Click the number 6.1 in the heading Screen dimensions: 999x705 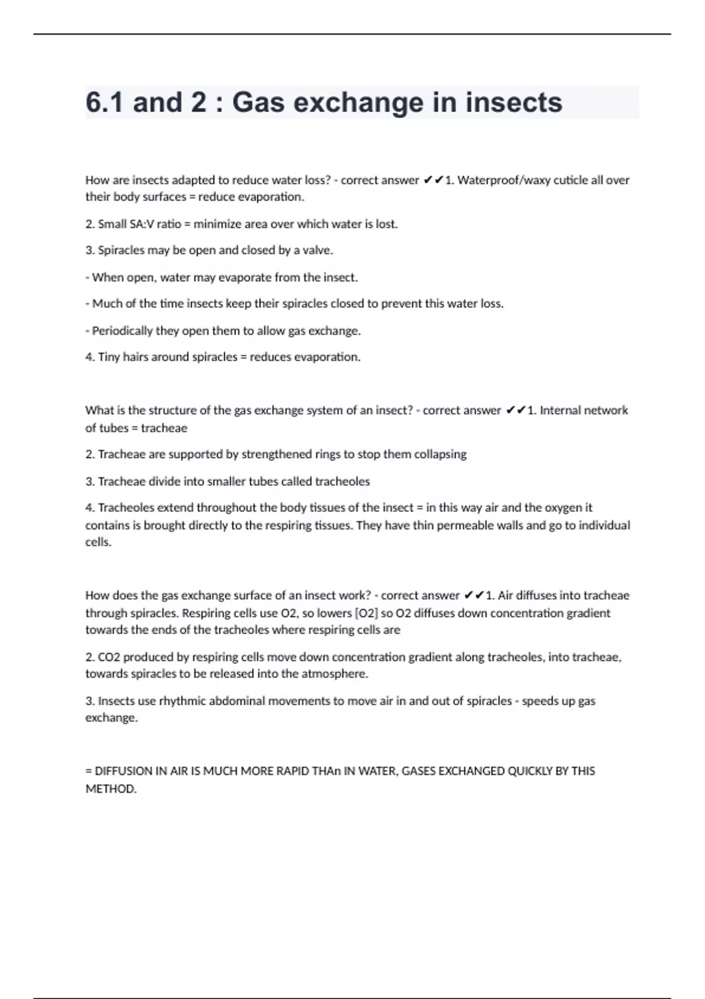105,103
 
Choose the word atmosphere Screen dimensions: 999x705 334,674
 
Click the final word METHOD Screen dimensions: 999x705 110,789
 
